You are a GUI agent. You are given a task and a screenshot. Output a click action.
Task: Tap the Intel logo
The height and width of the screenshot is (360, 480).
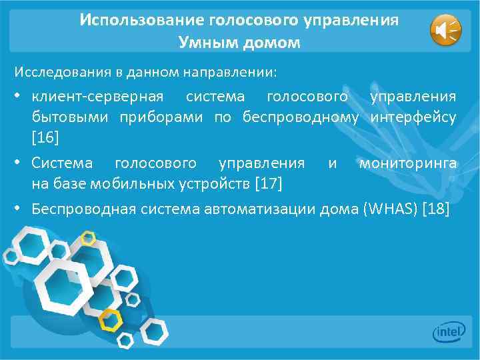tap(448, 331)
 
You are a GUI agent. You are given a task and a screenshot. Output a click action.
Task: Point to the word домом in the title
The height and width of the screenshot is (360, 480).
tap(267, 43)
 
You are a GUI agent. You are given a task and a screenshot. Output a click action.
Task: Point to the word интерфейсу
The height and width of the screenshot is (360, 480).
tap(414, 119)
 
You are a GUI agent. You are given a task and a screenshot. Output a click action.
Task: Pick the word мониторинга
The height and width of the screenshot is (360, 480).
tap(407, 163)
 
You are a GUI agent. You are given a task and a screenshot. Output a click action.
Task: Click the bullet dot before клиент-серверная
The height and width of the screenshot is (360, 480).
tap(16, 98)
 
